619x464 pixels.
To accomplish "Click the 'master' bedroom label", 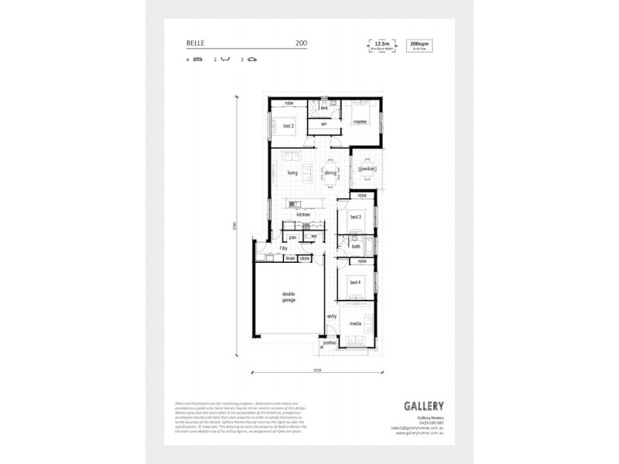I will tap(359, 122).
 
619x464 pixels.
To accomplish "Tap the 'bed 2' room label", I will tap(288, 125).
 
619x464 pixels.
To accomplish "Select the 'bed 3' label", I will tap(355, 218).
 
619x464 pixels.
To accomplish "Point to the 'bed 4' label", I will tap(355, 283).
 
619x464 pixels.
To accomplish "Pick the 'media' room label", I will tap(355, 324).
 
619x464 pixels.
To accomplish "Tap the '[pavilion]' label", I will tap(367, 168).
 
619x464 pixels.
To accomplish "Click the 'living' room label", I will tap(292, 173).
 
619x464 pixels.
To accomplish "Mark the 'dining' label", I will tap(330, 173).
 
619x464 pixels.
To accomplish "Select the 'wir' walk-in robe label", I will tap(325, 123).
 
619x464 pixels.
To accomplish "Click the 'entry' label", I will tap(331, 316).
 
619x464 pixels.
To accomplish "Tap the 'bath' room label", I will tap(355, 247).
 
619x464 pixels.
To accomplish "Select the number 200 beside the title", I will tap(300, 43).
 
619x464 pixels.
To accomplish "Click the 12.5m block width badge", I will tap(379, 46).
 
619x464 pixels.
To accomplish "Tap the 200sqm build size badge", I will tap(419, 46).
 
